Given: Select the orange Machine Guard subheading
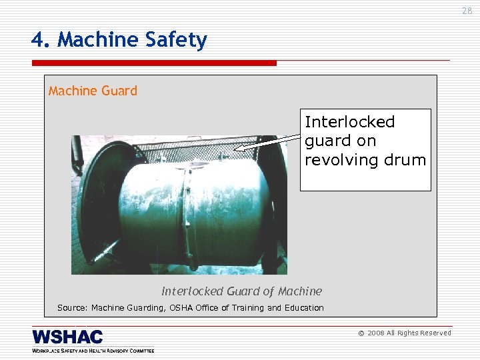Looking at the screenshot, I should coord(93,91).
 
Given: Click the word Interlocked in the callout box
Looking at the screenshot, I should coord(349,122).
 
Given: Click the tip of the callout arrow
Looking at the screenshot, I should coord(236,148).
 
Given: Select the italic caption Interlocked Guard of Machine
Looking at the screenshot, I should coord(241,291).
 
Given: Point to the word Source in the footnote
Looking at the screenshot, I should coord(71,308).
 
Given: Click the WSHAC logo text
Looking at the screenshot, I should coord(67,336).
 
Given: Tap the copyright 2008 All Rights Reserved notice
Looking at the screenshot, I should coord(405,333).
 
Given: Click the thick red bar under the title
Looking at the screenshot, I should coord(153,63).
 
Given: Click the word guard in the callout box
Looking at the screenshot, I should coord(323,141).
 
